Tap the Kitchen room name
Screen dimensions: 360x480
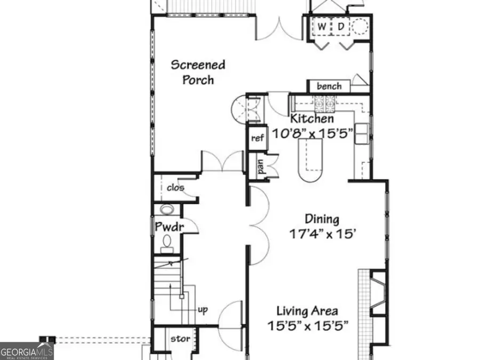312,119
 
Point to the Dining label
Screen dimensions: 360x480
322,219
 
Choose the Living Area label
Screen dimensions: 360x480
307,310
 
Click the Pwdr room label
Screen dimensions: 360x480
170,227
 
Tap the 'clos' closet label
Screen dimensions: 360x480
175,188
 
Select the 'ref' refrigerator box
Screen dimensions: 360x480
258,138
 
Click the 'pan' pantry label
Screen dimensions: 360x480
261,167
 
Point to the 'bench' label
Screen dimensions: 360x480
329,86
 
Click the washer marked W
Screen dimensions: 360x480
323,27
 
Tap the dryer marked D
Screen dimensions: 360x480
340,27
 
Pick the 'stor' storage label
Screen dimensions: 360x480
177,339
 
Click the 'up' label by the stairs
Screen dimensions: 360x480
203,309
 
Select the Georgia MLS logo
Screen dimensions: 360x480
27,351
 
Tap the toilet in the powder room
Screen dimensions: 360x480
167,243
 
